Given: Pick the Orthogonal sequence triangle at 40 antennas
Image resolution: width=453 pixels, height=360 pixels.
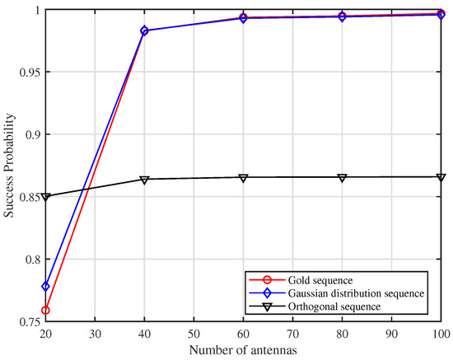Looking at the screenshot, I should pos(144,180).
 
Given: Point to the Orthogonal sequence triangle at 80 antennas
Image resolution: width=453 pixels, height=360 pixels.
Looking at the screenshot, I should pos(343,178).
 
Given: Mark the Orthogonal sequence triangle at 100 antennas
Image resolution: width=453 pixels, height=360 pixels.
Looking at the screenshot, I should pos(441,177).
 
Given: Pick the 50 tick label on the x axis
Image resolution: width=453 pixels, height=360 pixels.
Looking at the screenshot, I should pos(194,335).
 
